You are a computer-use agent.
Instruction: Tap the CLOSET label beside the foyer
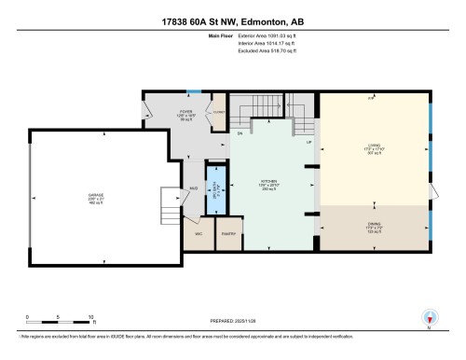coord(219,112)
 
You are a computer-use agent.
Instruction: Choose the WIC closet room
coord(199,233)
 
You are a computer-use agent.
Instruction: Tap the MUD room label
coord(192,188)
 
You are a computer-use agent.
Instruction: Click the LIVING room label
coord(373,145)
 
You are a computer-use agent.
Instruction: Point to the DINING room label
coord(372,224)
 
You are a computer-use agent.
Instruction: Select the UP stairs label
coord(308,143)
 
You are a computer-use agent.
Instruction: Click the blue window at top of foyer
coord(193,90)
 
